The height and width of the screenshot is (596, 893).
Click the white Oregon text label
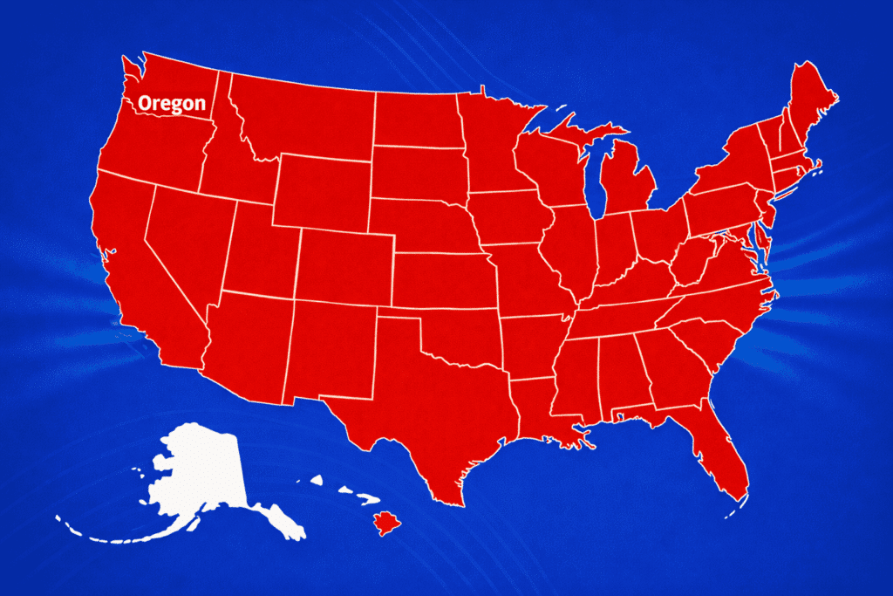[x=172, y=104]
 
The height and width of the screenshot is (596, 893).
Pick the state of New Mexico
[x=331, y=349]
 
